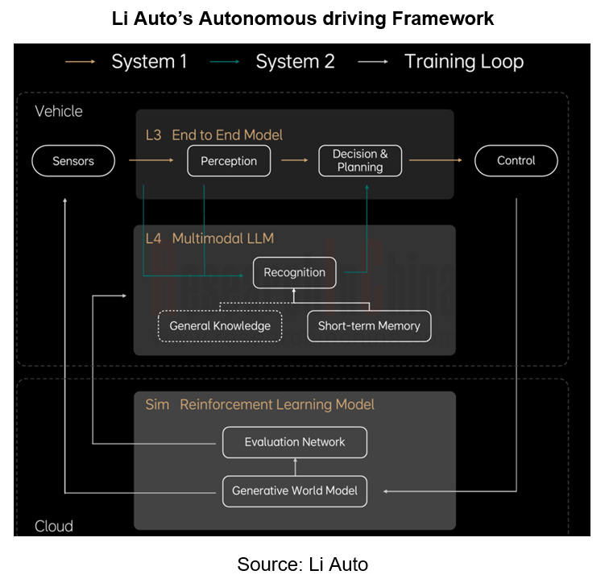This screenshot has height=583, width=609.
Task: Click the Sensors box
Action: (73, 161)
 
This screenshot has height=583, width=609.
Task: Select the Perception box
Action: (229, 161)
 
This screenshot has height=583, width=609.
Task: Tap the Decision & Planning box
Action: (360, 161)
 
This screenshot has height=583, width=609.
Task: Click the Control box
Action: (516, 161)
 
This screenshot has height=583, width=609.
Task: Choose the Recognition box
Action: (294, 273)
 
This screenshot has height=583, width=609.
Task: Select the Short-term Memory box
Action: (369, 326)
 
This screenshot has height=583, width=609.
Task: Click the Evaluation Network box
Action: (294, 442)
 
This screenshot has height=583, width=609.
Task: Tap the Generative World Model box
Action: (294, 490)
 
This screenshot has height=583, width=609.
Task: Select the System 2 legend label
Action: (295, 62)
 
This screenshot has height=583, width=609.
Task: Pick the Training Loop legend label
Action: (463, 62)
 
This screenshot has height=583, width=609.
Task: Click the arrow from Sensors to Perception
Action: (151, 161)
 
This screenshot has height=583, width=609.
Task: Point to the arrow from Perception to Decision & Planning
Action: (295, 161)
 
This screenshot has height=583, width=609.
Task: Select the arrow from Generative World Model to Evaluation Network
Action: (295, 466)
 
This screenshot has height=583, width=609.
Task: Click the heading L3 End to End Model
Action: (213, 134)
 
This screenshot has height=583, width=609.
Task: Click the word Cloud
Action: (54, 526)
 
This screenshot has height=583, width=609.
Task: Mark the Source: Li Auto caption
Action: (302, 564)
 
